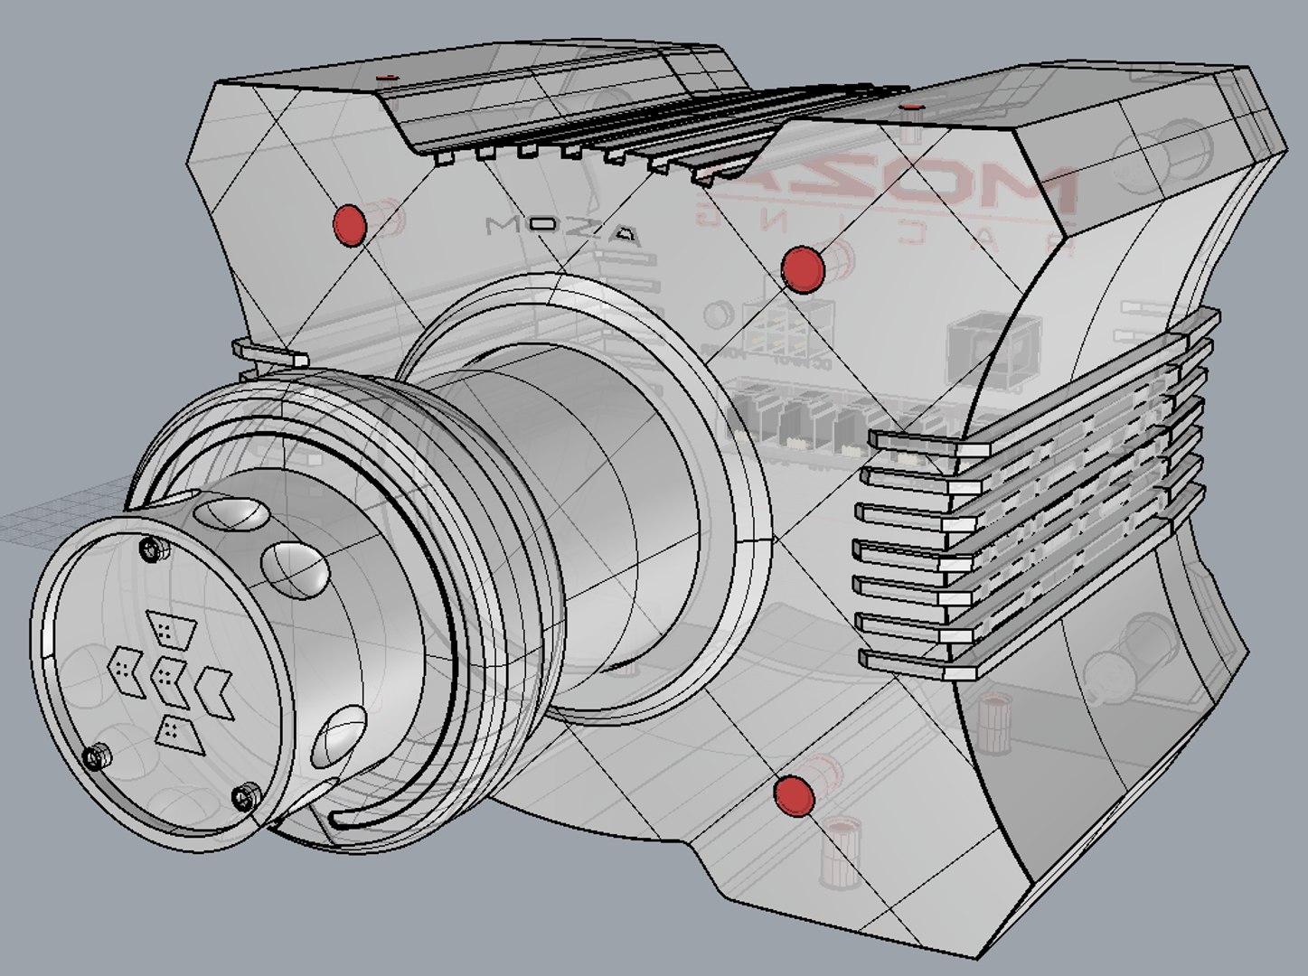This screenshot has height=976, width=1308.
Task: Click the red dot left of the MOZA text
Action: pyautogui.click(x=349, y=224)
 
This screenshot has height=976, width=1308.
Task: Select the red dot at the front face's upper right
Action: pyautogui.click(x=802, y=268)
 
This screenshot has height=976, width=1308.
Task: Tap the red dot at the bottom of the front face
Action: pyautogui.click(x=794, y=795)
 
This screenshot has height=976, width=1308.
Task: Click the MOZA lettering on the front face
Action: pyautogui.click(x=563, y=231)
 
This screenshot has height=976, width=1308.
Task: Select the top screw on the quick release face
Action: pyautogui.click(x=150, y=548)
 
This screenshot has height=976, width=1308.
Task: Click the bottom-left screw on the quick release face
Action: pyautogui.click(x=97, y=756)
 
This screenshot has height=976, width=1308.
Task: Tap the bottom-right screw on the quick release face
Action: pyautogui.click(x=245, y=797)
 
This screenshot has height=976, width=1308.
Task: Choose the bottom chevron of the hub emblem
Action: pyautogui.click(x=177, y=729)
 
